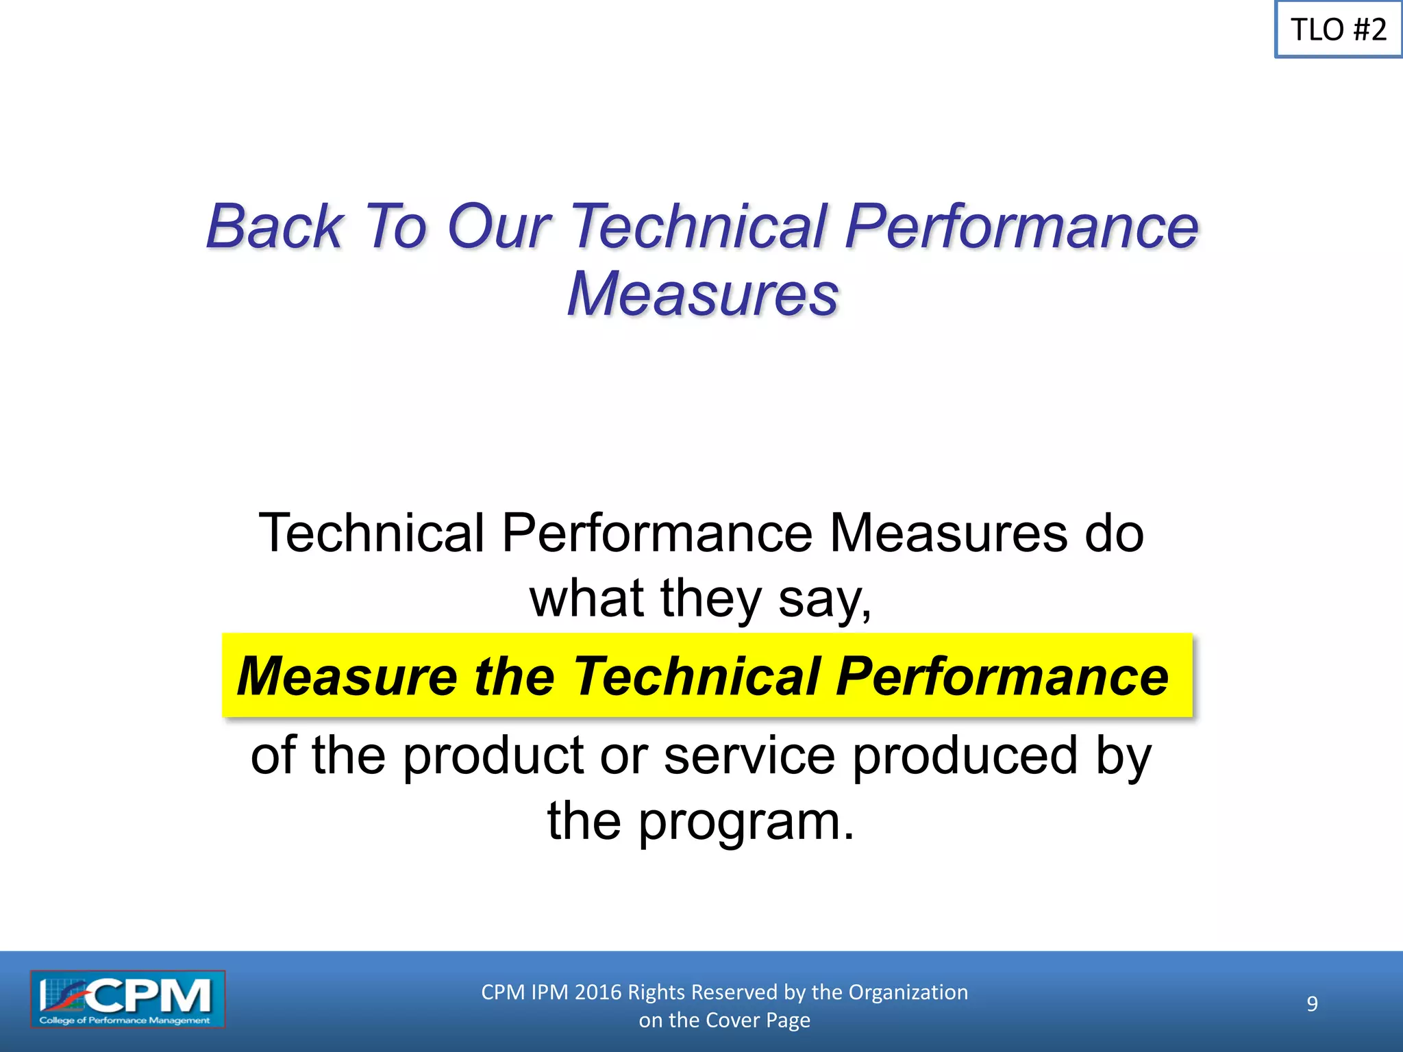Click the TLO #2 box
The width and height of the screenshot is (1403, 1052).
pyautogui.click(x=1338, y=29)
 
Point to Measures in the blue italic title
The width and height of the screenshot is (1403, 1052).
pyautogui.click(x=703, y=294)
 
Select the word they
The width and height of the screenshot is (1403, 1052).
pyautogui.click(x=711, y=599)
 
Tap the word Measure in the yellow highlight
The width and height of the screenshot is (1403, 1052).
pyautogui.click(x=347, y=676)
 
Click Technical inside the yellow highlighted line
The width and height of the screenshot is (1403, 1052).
pyautogui.click(x=696, y=676)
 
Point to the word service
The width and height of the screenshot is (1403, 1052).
pyautogui.click(x=749, y=755)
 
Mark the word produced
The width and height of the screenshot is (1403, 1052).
pyautogui.click(x=965, y=755)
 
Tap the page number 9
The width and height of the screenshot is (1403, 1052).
pyautogui.click(x=1312, y=1004)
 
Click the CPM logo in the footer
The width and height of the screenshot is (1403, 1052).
pyautogui.click(x=127, y=999)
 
